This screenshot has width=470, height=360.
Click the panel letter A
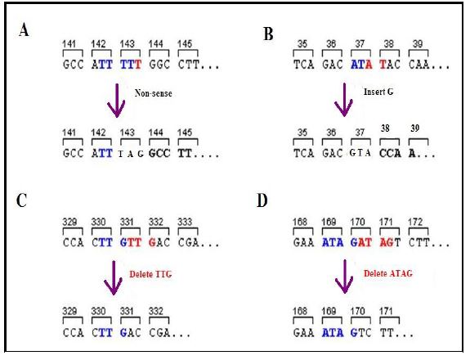[24, 30]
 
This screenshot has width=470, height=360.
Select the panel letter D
[262, 200]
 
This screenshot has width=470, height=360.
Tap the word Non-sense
[153, 93]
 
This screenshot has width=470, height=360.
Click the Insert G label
[378, 92]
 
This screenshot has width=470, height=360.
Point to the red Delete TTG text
[150, 274]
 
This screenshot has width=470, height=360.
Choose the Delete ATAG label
[388, 273]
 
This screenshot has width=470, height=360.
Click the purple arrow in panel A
[116, 101]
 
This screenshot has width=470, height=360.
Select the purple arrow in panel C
[114, 277]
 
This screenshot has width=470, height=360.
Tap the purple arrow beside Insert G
[343, 100]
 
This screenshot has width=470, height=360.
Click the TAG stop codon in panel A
[131, 154]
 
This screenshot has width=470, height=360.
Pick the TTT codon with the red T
[131, 65]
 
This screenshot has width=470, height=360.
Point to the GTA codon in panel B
[360, 153]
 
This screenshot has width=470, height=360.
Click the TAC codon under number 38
[390, 65]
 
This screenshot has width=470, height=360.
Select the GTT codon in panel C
[131, 242]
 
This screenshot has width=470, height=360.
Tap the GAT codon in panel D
[361, 242]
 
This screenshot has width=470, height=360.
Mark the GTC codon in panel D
[361, 333]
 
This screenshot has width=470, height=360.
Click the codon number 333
[185, 223]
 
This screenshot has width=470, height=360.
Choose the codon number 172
[415, 223]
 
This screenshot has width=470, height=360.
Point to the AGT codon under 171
[390, 242]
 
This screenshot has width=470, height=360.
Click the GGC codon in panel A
[159, 65]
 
